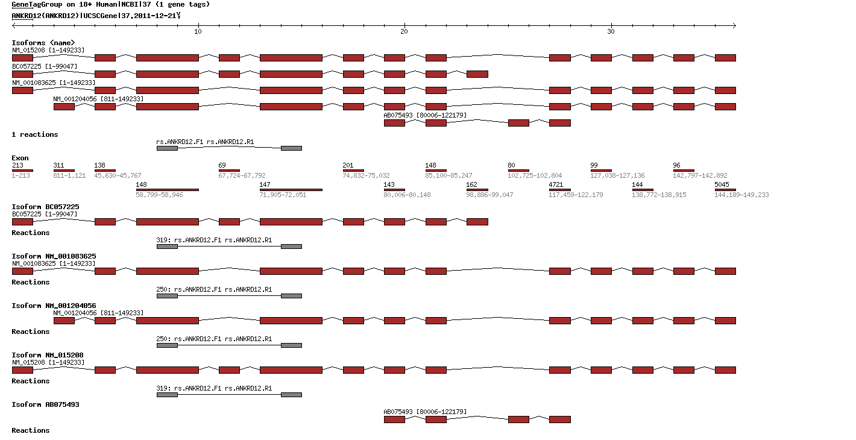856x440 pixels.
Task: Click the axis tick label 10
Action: point(198,31)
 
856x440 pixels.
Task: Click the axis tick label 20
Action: point(404,31)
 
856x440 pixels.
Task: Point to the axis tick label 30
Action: point(611,31)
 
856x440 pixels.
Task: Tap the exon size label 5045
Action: point(722,184)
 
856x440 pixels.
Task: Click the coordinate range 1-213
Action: point(20,175)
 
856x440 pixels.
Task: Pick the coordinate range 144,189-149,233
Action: point(741,195)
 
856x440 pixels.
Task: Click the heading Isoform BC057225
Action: point(45,207)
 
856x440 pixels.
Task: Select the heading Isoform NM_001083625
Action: point(54,256)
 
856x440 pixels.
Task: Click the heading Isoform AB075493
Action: point(45,404)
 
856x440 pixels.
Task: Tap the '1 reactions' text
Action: point(35,134)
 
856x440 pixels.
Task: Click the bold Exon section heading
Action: point(20,158)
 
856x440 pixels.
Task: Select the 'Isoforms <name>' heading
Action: point(43,43)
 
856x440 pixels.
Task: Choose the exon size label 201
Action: point(348,165)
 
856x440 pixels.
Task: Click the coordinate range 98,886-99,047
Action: point(490,195)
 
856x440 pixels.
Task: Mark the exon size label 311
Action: point(58,165)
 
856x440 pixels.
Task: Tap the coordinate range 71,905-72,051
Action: point(283,195)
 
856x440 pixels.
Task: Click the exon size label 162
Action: point(472,184)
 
